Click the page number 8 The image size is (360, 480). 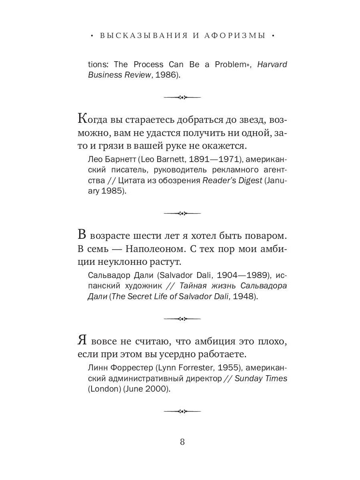182,442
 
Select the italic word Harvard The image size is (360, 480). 272,64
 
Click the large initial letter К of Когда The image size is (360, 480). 82,119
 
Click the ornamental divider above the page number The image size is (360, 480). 182,411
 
